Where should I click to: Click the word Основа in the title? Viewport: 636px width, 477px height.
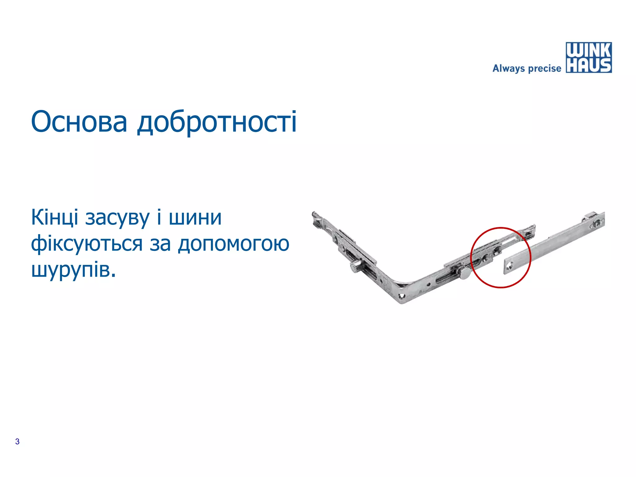tap(79, 122)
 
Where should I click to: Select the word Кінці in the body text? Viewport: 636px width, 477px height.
tap(55, 217)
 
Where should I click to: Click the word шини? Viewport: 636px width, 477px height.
tap(195, 217)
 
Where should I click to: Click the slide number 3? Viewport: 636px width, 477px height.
tap(17, 441)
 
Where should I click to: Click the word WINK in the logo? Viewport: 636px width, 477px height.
tap(588, 50)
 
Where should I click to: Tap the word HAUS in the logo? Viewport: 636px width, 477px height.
tap(588, 66)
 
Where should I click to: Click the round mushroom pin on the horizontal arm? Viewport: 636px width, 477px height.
tap(465, 273)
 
